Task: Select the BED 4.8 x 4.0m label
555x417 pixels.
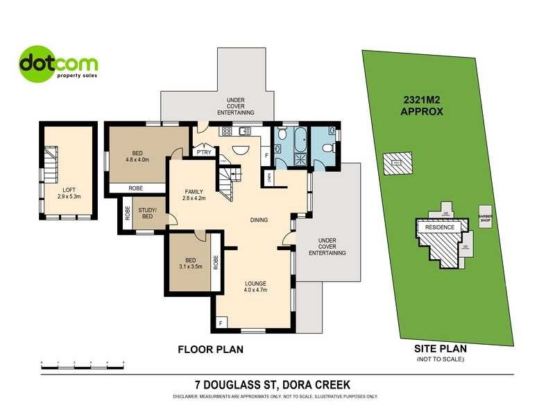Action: (x=138, y=156)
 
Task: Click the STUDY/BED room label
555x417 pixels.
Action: (x=148, y=213)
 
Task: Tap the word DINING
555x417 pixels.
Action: (x=259, y=220)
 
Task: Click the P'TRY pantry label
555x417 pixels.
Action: (x=203, y=152)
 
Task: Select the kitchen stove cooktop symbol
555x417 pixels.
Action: (x=225, y=132)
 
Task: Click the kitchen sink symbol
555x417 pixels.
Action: (x=244, y=131)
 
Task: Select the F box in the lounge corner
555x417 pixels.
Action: (x=221, y=322)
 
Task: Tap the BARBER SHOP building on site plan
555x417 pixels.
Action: (x=485, y=218)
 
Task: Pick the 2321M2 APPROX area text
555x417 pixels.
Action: (x=423, y=104)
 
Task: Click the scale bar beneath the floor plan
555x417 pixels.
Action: (x=83, y=363)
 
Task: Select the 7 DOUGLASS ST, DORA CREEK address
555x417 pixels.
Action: (x=273, y=384)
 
